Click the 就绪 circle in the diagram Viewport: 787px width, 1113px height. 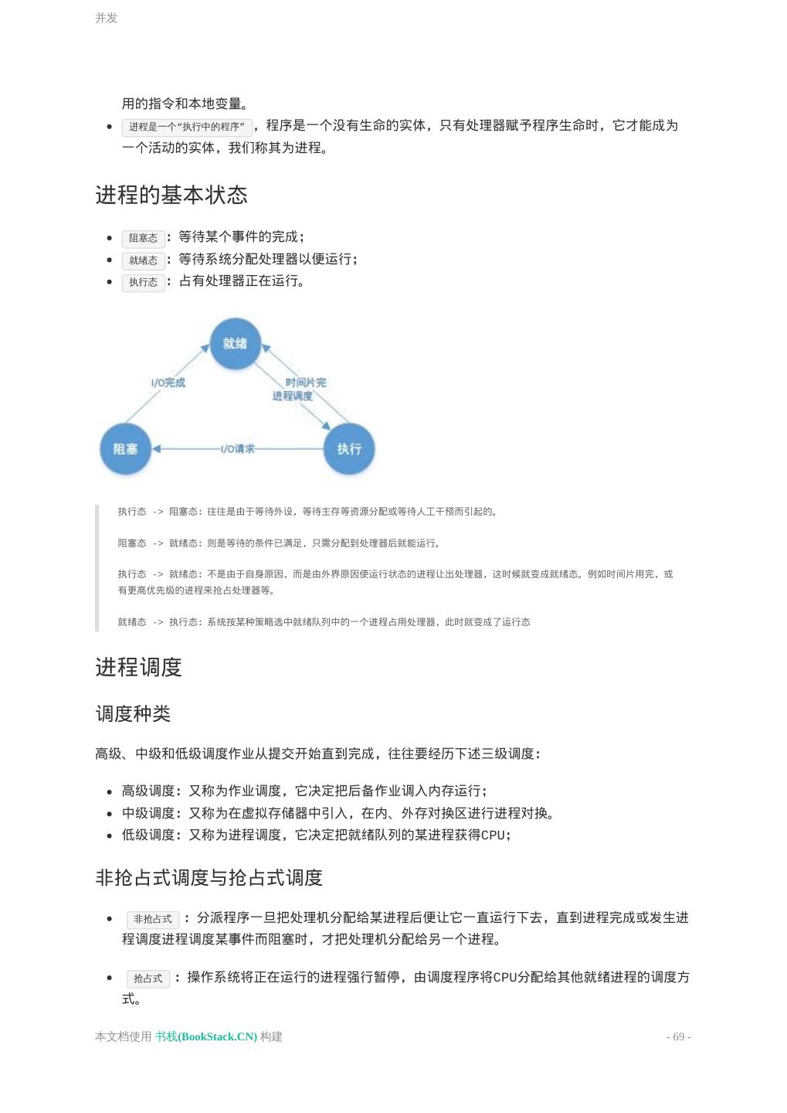tap(235, 343)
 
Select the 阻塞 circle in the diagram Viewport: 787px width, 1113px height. tap(125, 448)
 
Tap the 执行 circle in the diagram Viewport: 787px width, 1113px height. tap(348, 448)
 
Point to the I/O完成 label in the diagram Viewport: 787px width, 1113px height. tap(168, 383)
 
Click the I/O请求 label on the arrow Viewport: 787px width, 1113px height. tap(237, 449)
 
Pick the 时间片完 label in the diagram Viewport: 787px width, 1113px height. tap(306, 382)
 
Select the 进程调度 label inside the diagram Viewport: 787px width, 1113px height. tap(293, 396)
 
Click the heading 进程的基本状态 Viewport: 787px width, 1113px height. tap(171, 195)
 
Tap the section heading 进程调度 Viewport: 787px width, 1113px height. tap(138, 667)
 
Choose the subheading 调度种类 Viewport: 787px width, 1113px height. tap(133, 713)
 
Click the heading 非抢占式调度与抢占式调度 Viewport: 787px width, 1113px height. tap(209, 877)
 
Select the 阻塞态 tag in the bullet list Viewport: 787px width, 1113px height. tap(144, 238)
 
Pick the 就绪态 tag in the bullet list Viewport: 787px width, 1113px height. tap(144, 260)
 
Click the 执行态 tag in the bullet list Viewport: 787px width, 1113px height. tap(144, 282)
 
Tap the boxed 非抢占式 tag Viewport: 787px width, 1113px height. tap(153, 919)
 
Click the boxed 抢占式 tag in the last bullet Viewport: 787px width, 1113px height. tap(148, 979)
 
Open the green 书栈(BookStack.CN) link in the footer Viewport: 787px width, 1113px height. tap(206, 1036)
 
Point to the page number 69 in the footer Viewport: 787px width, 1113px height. tap(679, 1036)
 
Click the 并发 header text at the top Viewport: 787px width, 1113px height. tap(106, 18)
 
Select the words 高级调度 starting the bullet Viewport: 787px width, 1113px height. tap(148, 791)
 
